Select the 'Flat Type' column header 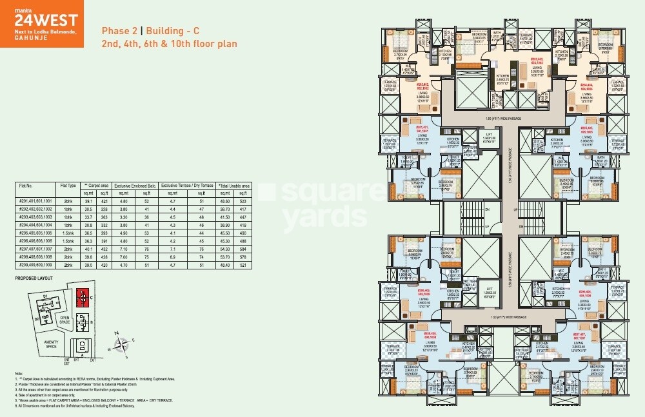click(x=68, y=185)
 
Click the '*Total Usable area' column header click(x=233, y=185)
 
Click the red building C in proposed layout click(x=82, y=297)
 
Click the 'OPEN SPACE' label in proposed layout click(x=64, y=318)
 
